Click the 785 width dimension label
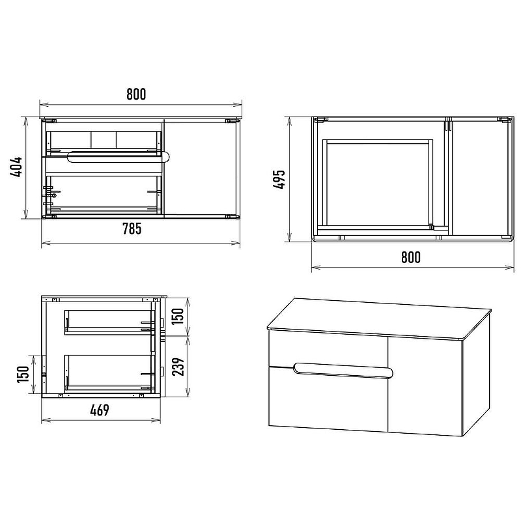[132, 229]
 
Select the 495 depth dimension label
[279, 180]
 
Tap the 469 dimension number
[100, 410]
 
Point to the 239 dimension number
[178, 367]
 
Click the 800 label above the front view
[136, 94]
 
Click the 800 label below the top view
[411, 257]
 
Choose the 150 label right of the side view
[178, 316]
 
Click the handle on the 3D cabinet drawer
[343, 370]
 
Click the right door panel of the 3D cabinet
[425, 386]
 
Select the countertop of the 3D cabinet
[379, 319]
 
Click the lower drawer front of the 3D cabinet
[328, 399]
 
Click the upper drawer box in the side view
[109, 322]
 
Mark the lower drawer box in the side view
[109, 373]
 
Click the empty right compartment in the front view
[201, 169]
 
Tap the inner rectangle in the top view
[378, 185]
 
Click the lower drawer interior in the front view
[104, 194]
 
